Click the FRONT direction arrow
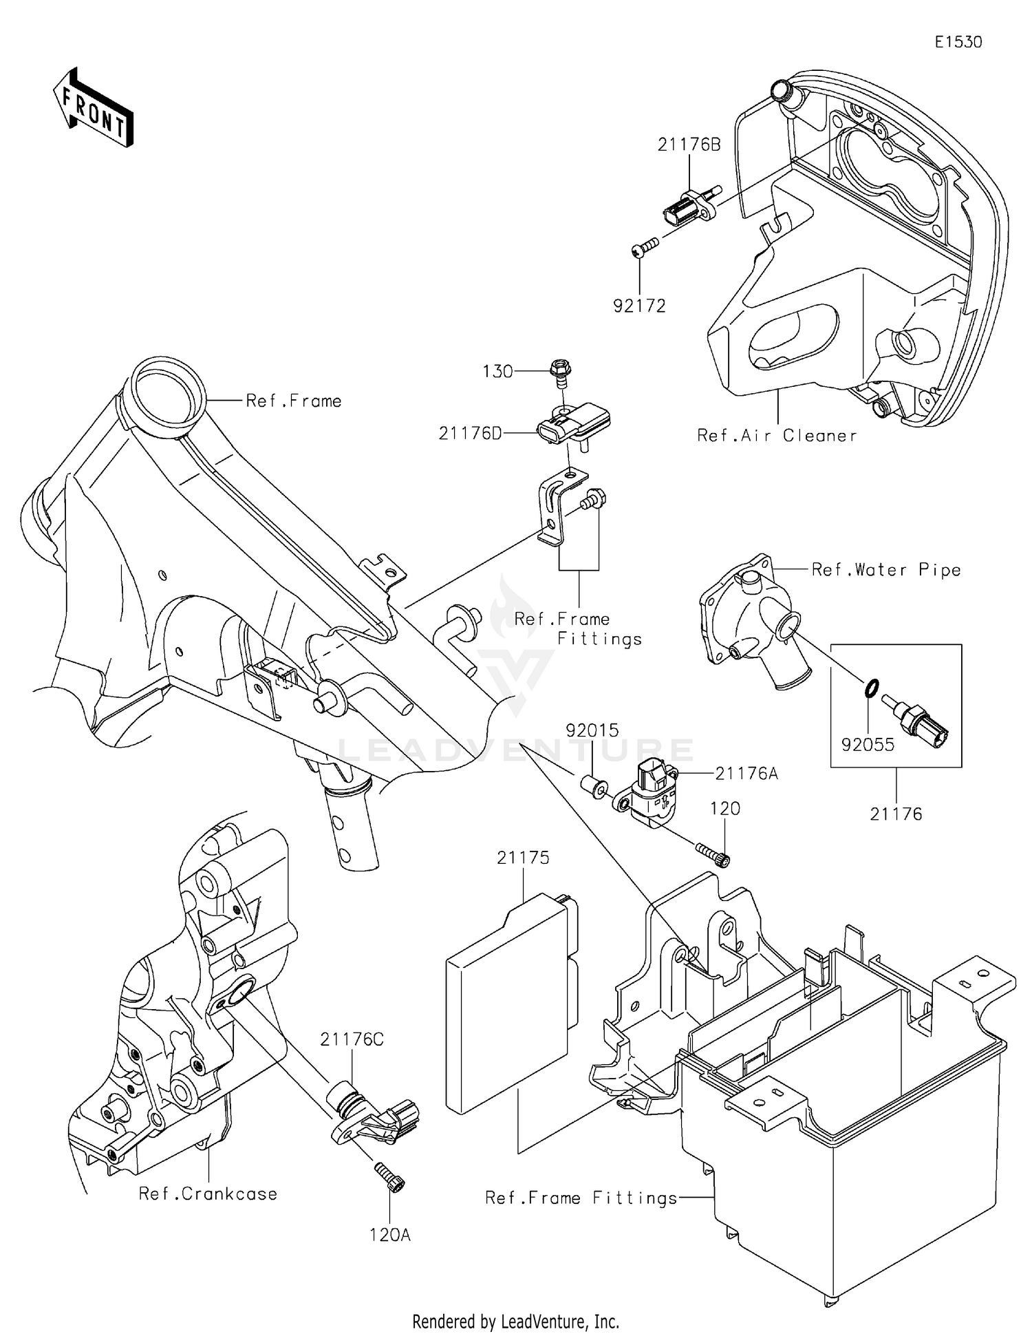point(93,108)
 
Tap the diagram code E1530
point(958,42)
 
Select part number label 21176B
point(689,145)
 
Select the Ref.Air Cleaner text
point(777,435)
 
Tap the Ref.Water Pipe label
point(885,569)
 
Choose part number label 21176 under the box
point(895,814)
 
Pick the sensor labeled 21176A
point(650,792)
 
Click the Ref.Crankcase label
point(208,1193)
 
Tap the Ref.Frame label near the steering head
point(294,401)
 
